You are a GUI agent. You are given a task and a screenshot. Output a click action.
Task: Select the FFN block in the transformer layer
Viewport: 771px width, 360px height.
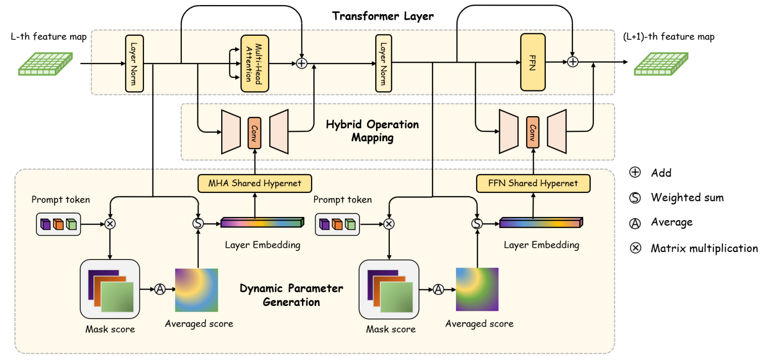pos(532,62)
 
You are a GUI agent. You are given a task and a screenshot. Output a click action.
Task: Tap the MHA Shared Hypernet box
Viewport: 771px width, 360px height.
pos(254,183)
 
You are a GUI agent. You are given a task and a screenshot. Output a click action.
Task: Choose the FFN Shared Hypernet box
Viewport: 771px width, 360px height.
pos(533,183)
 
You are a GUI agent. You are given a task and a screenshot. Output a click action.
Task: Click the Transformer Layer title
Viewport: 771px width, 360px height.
pos(383,16)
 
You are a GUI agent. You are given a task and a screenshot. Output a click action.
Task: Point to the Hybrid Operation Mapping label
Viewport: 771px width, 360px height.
pos(373,131)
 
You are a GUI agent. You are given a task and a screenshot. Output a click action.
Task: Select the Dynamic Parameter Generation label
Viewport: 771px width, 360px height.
pos(291,295)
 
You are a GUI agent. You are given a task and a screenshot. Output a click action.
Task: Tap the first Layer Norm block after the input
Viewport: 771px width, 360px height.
pos(133,63)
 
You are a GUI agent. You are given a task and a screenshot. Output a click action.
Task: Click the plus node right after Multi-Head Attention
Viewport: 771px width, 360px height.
pos(301,63)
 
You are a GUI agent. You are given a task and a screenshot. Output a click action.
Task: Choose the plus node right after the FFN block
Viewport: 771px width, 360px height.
pos(573,62)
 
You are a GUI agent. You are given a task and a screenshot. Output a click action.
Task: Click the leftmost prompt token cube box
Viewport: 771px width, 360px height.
pos(59,224)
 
